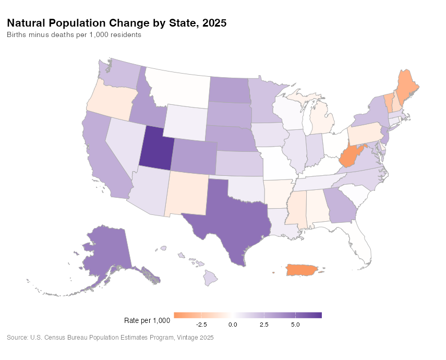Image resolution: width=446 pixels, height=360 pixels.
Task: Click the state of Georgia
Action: click(340, 206)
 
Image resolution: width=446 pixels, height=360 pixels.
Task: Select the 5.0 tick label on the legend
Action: click(295, 325)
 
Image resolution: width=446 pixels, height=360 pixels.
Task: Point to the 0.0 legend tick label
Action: click(233, 325)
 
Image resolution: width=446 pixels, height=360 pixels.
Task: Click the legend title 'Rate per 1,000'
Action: click(148, 320)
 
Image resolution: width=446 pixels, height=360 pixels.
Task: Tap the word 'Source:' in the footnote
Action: click(17, 338)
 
